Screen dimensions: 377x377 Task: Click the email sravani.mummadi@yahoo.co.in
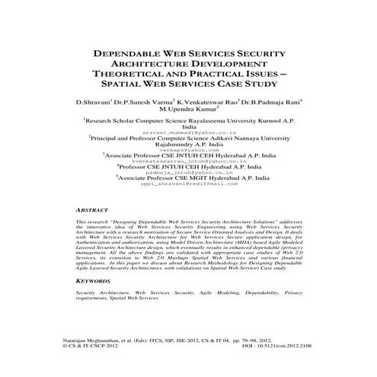pos(188,132)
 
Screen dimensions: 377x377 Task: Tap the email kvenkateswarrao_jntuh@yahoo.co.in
pos(188,162)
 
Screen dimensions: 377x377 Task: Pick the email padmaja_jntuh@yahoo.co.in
pos(188,174)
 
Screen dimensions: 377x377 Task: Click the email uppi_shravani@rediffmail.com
pos(188,185)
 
